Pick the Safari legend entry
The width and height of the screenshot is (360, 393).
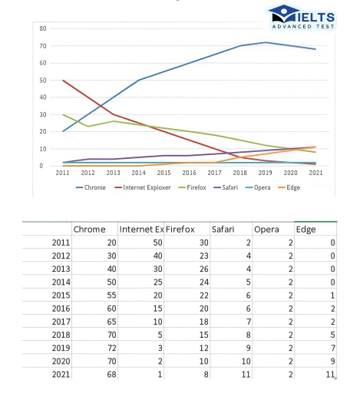(x=227, y=187)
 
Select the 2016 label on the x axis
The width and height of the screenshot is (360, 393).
(x=189, y=173)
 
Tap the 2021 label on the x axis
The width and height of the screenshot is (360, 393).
(x=315, y=173)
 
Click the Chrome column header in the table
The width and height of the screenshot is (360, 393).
(x=89, y=229)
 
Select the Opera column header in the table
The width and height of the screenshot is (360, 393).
(x=266, y=229)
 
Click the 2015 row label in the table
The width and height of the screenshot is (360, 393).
(x=58, y=294)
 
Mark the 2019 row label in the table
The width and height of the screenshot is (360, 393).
(x=58, y=347)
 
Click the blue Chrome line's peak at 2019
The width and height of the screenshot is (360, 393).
(x=266, y=42)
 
